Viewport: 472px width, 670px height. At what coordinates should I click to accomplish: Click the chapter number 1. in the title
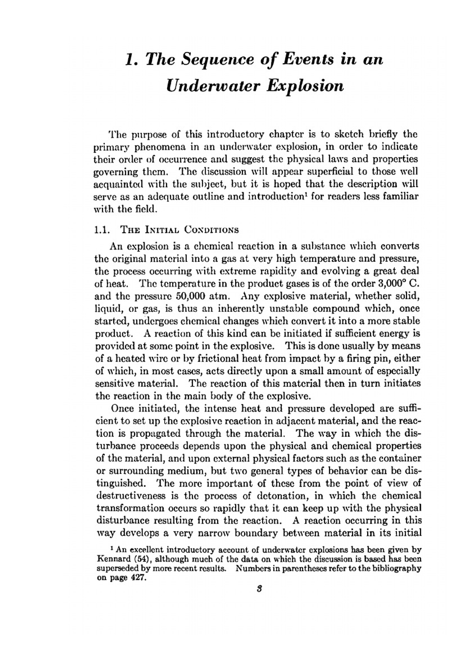[x=132, y=60]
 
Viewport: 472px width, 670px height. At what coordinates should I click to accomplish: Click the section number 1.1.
[x=102, y=230]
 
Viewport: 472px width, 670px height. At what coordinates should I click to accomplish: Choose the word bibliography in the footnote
[x=396, y=568]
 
